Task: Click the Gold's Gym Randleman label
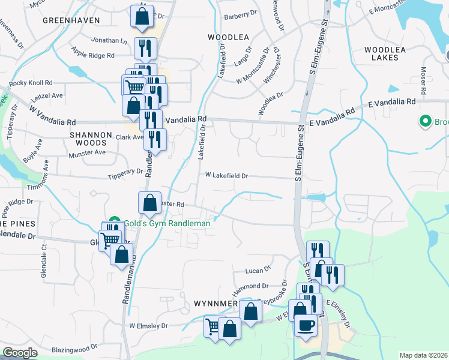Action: [x=167, y=223]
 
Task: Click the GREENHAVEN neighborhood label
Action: [x=70, y=20]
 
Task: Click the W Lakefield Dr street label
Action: [x=226, y=176]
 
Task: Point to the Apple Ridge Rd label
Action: [x=92, y=55]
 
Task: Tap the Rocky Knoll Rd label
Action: [x=31, y=82]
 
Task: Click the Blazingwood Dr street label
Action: [x=74, y=349]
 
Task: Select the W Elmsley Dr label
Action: [x=148, y=326]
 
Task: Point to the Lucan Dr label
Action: [x=259, y=271]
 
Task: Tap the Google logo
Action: [x=20, y=352]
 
